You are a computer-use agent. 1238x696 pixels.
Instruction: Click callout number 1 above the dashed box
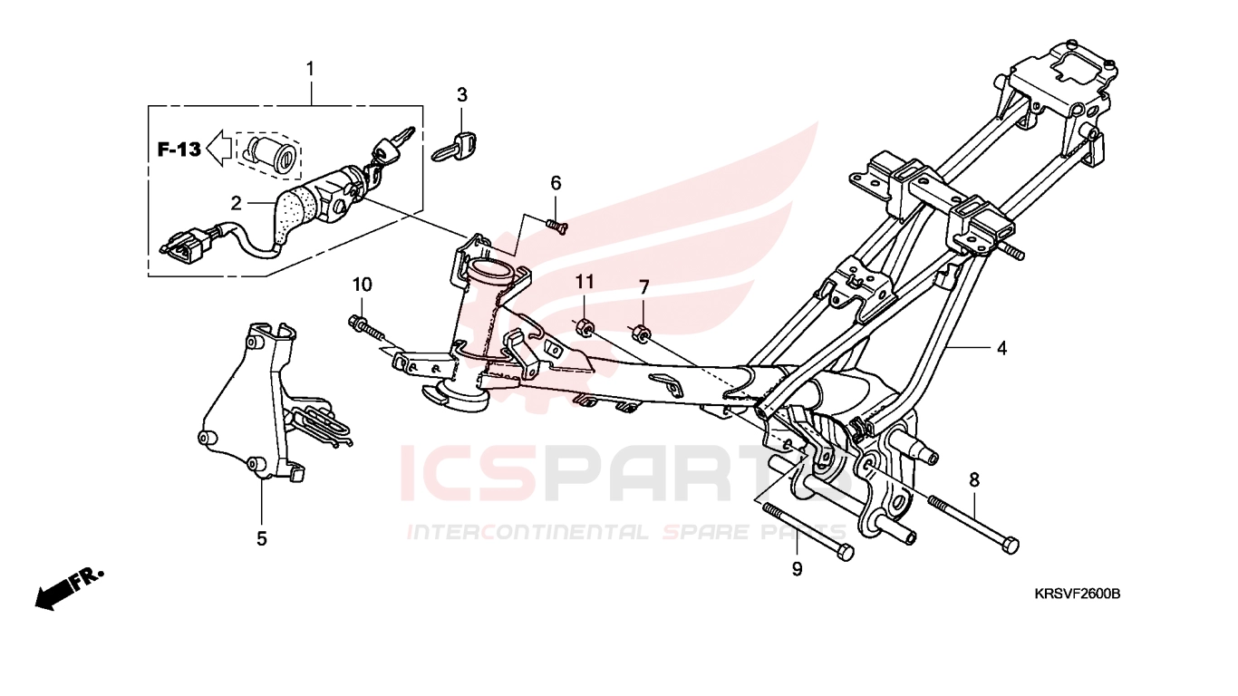point(310,69)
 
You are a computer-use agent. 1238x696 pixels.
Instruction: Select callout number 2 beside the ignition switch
point(236,203)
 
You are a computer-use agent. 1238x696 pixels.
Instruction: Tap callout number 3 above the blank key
point(462,95)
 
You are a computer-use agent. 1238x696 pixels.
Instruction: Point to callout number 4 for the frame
point(1001,348)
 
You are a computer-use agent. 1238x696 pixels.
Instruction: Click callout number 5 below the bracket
point(261,538)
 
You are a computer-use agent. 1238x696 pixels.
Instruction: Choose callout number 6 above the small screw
point(556,182)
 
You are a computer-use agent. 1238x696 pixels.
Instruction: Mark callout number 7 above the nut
point(643,287)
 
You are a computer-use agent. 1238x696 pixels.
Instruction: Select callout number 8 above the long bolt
point(974,479)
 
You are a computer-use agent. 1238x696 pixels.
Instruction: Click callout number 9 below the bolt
point(797,569)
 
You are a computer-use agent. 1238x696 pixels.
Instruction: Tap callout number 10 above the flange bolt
point(362,285)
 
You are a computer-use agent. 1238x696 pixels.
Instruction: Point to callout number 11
point(585,282)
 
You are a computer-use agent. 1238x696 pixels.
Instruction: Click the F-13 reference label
point(179,150)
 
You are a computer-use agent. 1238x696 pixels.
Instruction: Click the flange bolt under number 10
point(367,328)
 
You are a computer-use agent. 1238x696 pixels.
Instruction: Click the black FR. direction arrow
point(69,589)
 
